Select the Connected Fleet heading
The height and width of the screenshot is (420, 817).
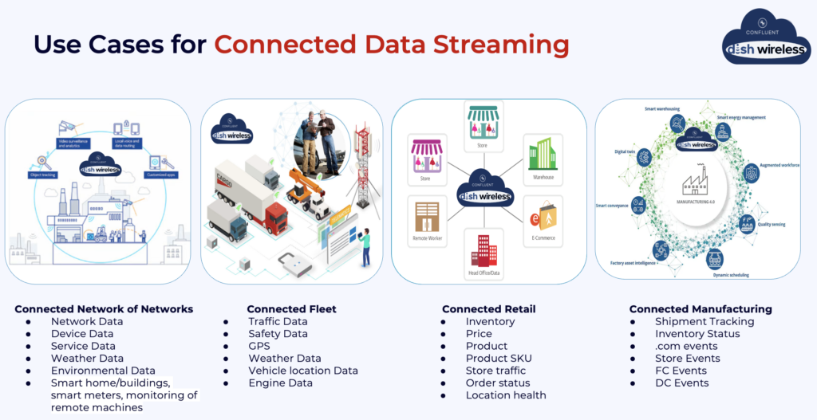[291, 308]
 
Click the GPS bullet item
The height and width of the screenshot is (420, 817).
[259, 346]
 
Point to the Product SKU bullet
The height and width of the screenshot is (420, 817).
[499, 358]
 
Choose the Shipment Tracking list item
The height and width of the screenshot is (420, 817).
[705, 321]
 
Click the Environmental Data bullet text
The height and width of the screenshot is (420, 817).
[103, 371]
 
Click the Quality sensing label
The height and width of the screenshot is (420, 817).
[772, 225]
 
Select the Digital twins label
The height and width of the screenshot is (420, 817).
[624, 151]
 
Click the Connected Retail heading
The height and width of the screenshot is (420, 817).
[488, 308]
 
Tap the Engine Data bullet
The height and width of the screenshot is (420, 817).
[281, 383]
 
